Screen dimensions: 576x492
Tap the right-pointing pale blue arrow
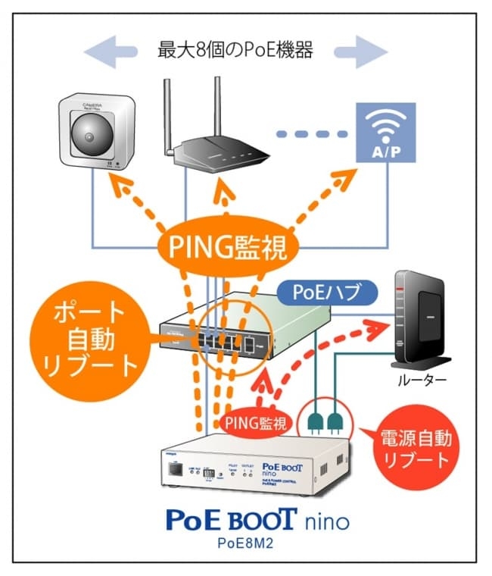[x=360, y=52]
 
